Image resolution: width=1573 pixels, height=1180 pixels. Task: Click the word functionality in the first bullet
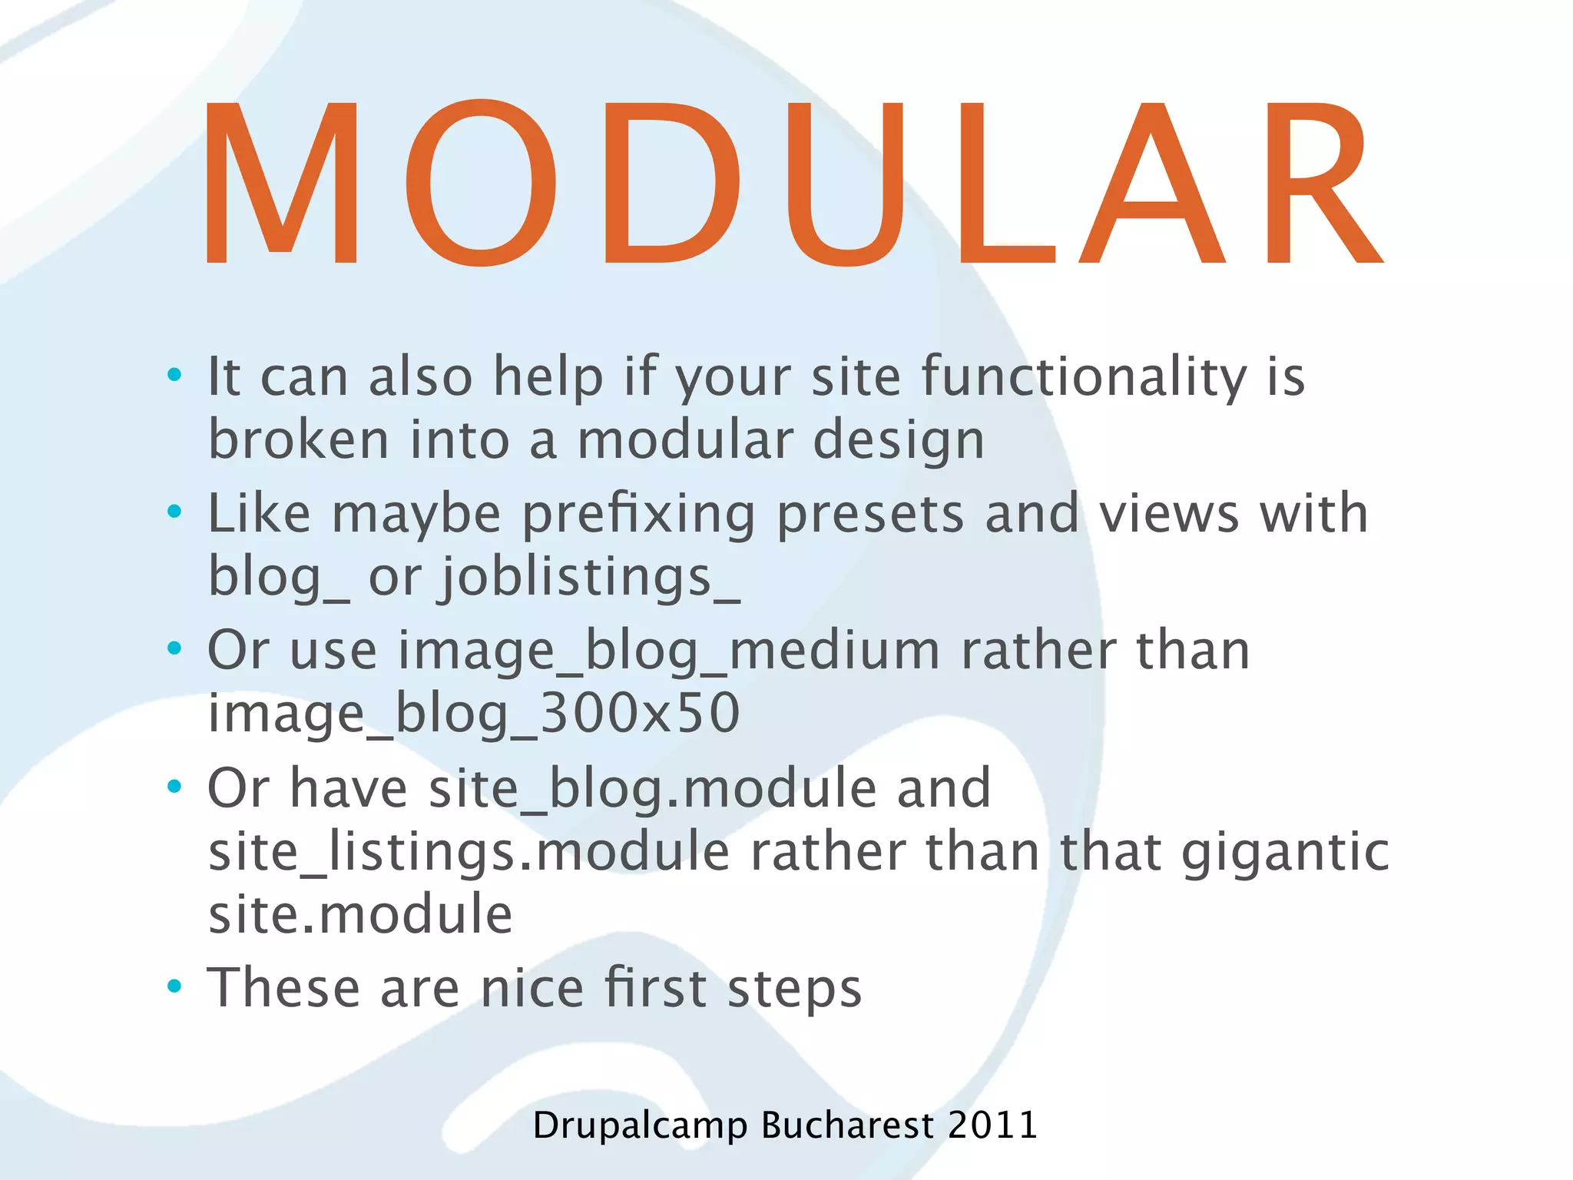point(1083,377)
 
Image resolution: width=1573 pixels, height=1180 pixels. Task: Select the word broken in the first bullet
point(299,439)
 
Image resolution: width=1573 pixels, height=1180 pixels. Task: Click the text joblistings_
point(590,578)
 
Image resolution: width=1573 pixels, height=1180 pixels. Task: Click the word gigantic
point(1285,852)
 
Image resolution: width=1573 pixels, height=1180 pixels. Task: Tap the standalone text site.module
point(360,914)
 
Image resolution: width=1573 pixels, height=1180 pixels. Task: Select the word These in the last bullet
point(283,988)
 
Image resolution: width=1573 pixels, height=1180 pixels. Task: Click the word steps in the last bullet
point(794,989)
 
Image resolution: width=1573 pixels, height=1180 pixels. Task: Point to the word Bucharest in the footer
point(847,1125)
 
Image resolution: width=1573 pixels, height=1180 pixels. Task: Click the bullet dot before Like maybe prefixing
point(175,512)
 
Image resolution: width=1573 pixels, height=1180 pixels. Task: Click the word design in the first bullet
point(898,441)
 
